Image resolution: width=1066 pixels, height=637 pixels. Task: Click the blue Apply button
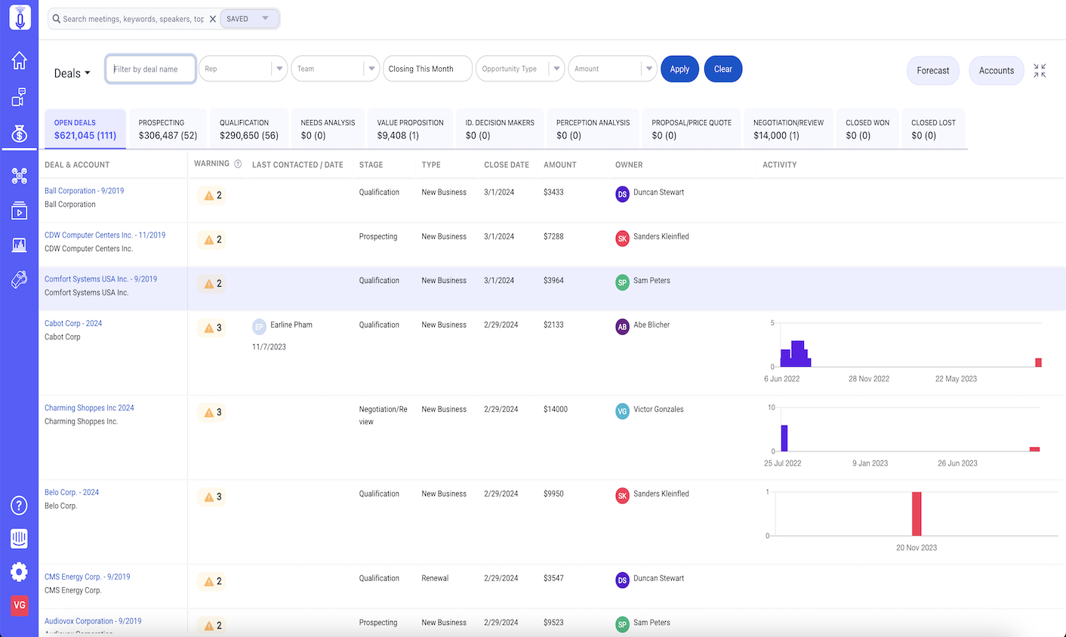679,69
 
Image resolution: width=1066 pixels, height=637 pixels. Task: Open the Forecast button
932,71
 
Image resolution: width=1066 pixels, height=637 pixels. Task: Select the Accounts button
996,71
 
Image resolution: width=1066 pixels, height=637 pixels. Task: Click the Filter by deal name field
151,69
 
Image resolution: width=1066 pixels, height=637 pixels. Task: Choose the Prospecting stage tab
168,129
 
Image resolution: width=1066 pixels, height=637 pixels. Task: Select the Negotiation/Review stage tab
788,129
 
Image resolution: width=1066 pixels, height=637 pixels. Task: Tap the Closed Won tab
867,129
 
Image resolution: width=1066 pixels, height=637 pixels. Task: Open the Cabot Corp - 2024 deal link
73,324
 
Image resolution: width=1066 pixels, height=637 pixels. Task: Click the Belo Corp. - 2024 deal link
72,493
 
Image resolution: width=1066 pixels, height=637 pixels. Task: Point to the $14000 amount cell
556,410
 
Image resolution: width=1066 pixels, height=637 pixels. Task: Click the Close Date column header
507,165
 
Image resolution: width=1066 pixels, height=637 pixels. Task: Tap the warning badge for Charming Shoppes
213,413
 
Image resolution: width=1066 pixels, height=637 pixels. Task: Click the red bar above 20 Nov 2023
917,514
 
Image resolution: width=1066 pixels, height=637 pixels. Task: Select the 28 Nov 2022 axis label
868,379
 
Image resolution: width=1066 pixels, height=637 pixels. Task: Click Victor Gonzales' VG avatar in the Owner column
622,411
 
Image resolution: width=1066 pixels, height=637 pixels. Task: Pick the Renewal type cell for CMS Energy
435,579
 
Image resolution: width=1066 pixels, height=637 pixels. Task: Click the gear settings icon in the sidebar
20,571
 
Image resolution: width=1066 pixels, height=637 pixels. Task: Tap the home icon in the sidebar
20,60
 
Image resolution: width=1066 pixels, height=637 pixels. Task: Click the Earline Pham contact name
291,325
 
